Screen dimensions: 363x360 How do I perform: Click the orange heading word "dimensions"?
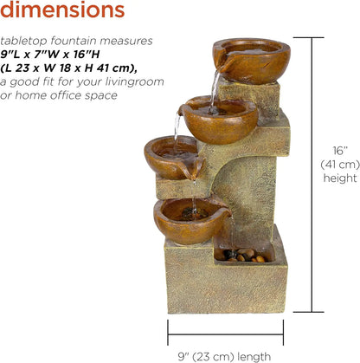pos(61,10)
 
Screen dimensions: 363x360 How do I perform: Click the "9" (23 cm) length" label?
pos(225,355)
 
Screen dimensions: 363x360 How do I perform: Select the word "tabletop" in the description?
pos(24,41)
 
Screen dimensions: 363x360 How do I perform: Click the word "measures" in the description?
pos(128,41)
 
